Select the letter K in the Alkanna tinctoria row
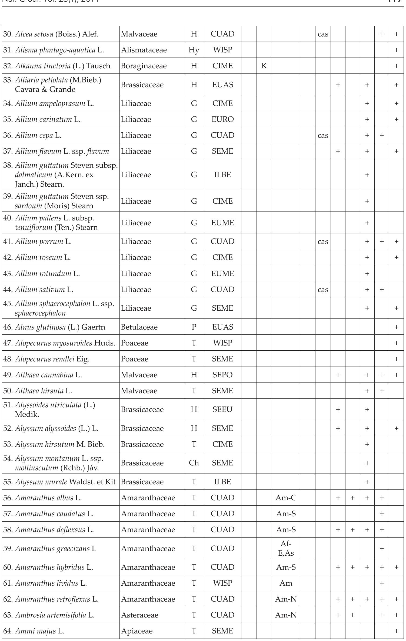pyautogui.click(x=264, y=66)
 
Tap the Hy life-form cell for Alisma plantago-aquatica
pyautogui.click(x=194, y=50)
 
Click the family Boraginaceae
pyautogui.click(x=144, y=66)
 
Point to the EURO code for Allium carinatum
pyautogui.click(x=222, y=119)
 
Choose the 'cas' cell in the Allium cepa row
pyautogui.click(x=323, y=135)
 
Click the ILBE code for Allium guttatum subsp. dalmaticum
pyautogui.click(x=222, y=175)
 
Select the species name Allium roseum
pyautogui.click(x=39, y=257)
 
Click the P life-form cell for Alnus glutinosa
pyautogui.click(x=194, y=327)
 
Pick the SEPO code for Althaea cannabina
pyautogui.click(x=222, y=375)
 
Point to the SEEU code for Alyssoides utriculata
pyautogui.click(x=222, y=410)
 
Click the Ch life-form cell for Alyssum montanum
pyautogui.click(x=194, y=463)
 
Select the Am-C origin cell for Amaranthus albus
pyautogui.click(x=286, y=498)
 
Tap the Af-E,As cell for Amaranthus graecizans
pyautogui.click(x=286, y=549)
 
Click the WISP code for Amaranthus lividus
pyautogui.click(x=222, y=583)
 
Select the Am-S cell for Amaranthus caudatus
pyautogui.click(x=286, y=514)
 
